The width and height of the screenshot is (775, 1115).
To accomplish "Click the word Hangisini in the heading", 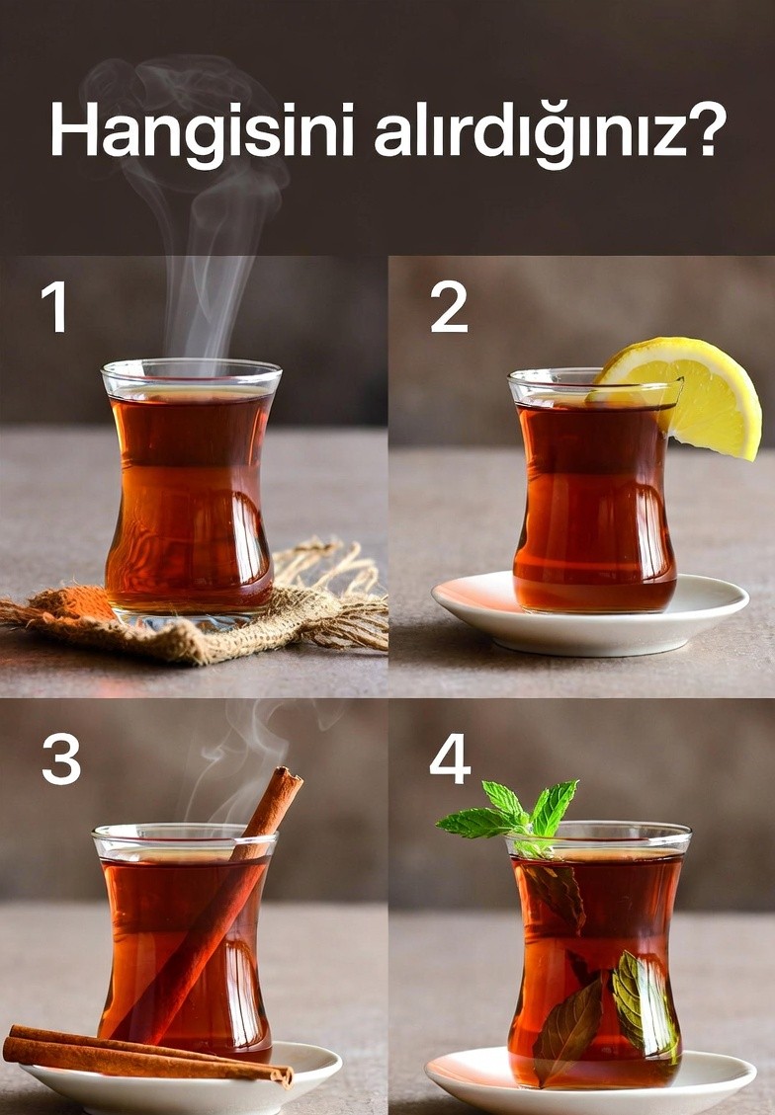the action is (202, 132).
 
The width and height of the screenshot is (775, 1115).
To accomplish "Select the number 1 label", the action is (54, 306).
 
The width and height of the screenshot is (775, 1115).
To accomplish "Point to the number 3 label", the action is (61, 758).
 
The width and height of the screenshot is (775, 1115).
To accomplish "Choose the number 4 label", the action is (450, 758).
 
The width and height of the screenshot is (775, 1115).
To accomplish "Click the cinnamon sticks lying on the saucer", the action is (146, 1056).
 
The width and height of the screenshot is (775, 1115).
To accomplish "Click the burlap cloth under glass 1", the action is (192, 610).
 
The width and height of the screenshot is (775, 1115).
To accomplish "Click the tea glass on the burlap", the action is (190, 491).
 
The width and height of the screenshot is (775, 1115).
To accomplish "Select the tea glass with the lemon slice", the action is (594, 491).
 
